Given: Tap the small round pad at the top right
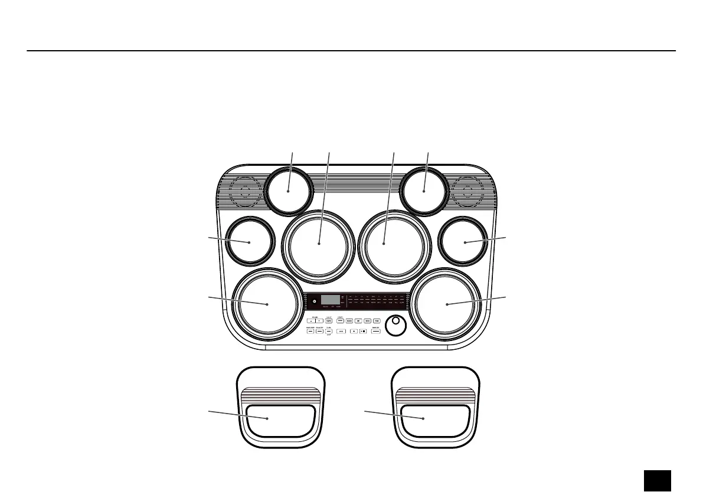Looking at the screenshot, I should (424, 190).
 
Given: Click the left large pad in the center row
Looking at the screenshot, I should (319, 243).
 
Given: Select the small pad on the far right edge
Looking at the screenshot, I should (465, 242).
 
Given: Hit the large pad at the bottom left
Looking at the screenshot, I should (267, 303).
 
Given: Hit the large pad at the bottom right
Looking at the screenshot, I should (447, 303).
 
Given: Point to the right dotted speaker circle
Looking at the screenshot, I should (468, 191).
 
